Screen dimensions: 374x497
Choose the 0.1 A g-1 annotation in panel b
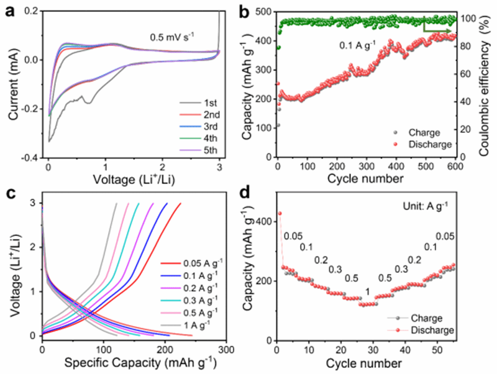pyautogui.click(x=358, y=45)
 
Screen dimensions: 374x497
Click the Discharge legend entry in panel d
pyautogui.click(x=436, y=330)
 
